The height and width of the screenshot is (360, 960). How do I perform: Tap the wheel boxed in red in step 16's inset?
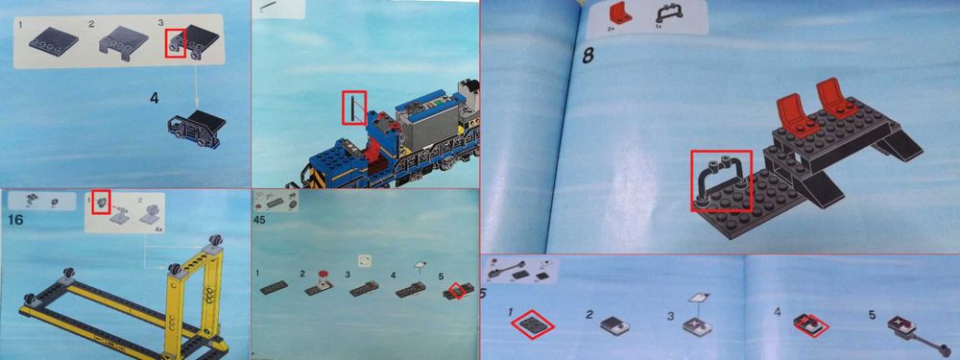pyautogui.click(x=101, y=204)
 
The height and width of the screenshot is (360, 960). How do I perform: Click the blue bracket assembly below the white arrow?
pyautogui.click(x=196, y=131)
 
